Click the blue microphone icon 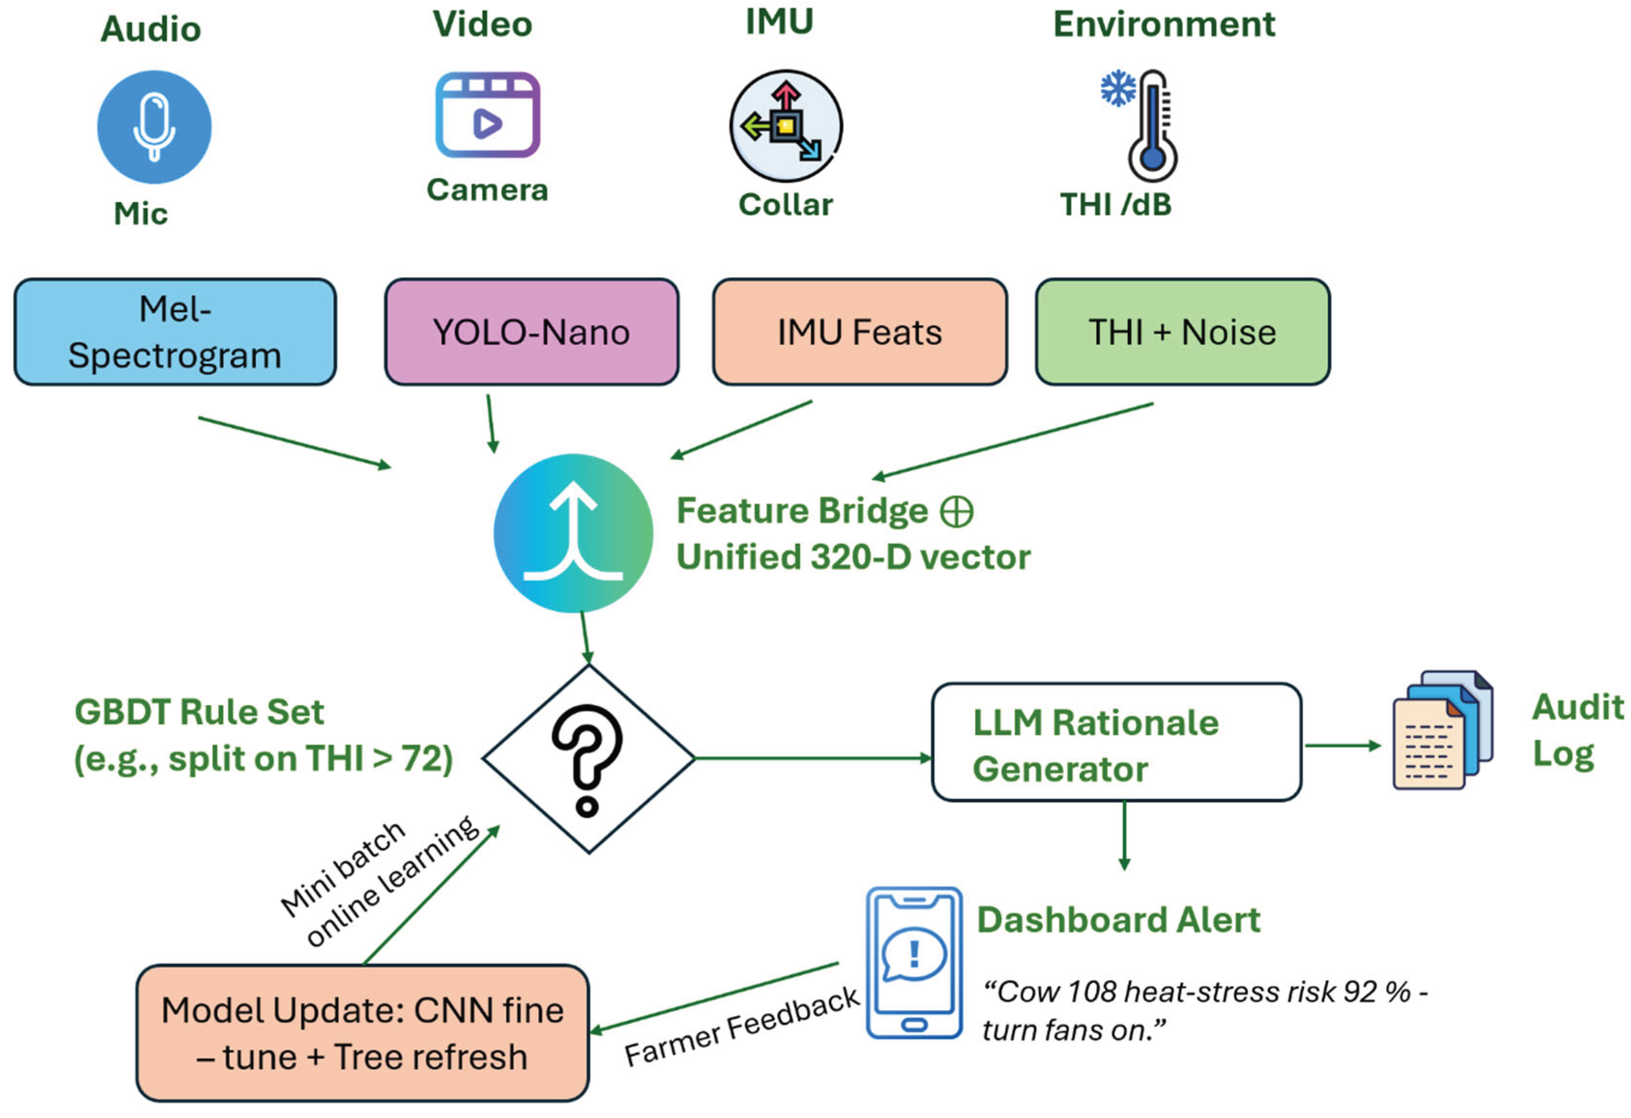pyautogui.click(x=154, y=127)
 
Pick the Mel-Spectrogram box pyautogui.click(x=175, y=332)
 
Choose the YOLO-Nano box pyautogui.click(x=531, y=332)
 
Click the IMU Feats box pyautogui.click(x=859, y=332)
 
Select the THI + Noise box pyautogui.click(x=1182, y=332)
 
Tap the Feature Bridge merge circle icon pyautogui.click(x=573, y=534)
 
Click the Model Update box pyautogui.click(x=362, y=1032)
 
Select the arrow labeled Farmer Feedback pyautogui.click(x=716, y=997)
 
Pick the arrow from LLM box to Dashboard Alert pyautogui.click(x=1124, y=835)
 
